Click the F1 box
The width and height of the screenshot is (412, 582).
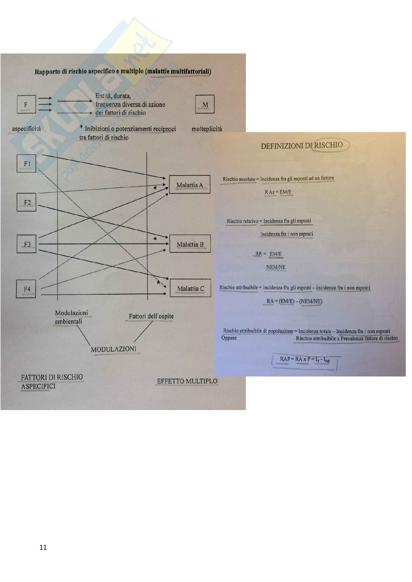[x=26, y=163]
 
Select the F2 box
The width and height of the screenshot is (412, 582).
[x=26, y=202]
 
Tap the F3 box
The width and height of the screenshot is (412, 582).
[x=26, y=244]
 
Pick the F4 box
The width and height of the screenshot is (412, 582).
[x=26, y=289]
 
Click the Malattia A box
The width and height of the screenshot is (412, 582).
[x=190, y=185]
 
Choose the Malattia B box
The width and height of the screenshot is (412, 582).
[x=190, y=244]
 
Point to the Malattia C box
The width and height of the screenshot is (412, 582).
[x=190, y=288]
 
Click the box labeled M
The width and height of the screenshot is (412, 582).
[x=205, y=104]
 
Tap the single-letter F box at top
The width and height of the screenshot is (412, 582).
[x=26, y=104]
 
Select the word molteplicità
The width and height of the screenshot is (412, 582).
[x=206, y=129]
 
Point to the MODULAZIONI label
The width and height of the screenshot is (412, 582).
[x=113, y=349]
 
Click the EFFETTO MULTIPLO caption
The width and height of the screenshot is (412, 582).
[x=187, y=381]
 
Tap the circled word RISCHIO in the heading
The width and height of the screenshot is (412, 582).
[x=329, y=145]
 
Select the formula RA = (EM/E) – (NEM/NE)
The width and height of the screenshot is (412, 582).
[x=294, y=301]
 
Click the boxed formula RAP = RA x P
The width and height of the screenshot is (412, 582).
[x=305, y=359]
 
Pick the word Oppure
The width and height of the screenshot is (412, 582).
[x=229, y=338]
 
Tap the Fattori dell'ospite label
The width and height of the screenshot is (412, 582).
[x=151, y=316]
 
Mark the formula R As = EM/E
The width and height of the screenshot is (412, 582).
[x=278, y=192]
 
